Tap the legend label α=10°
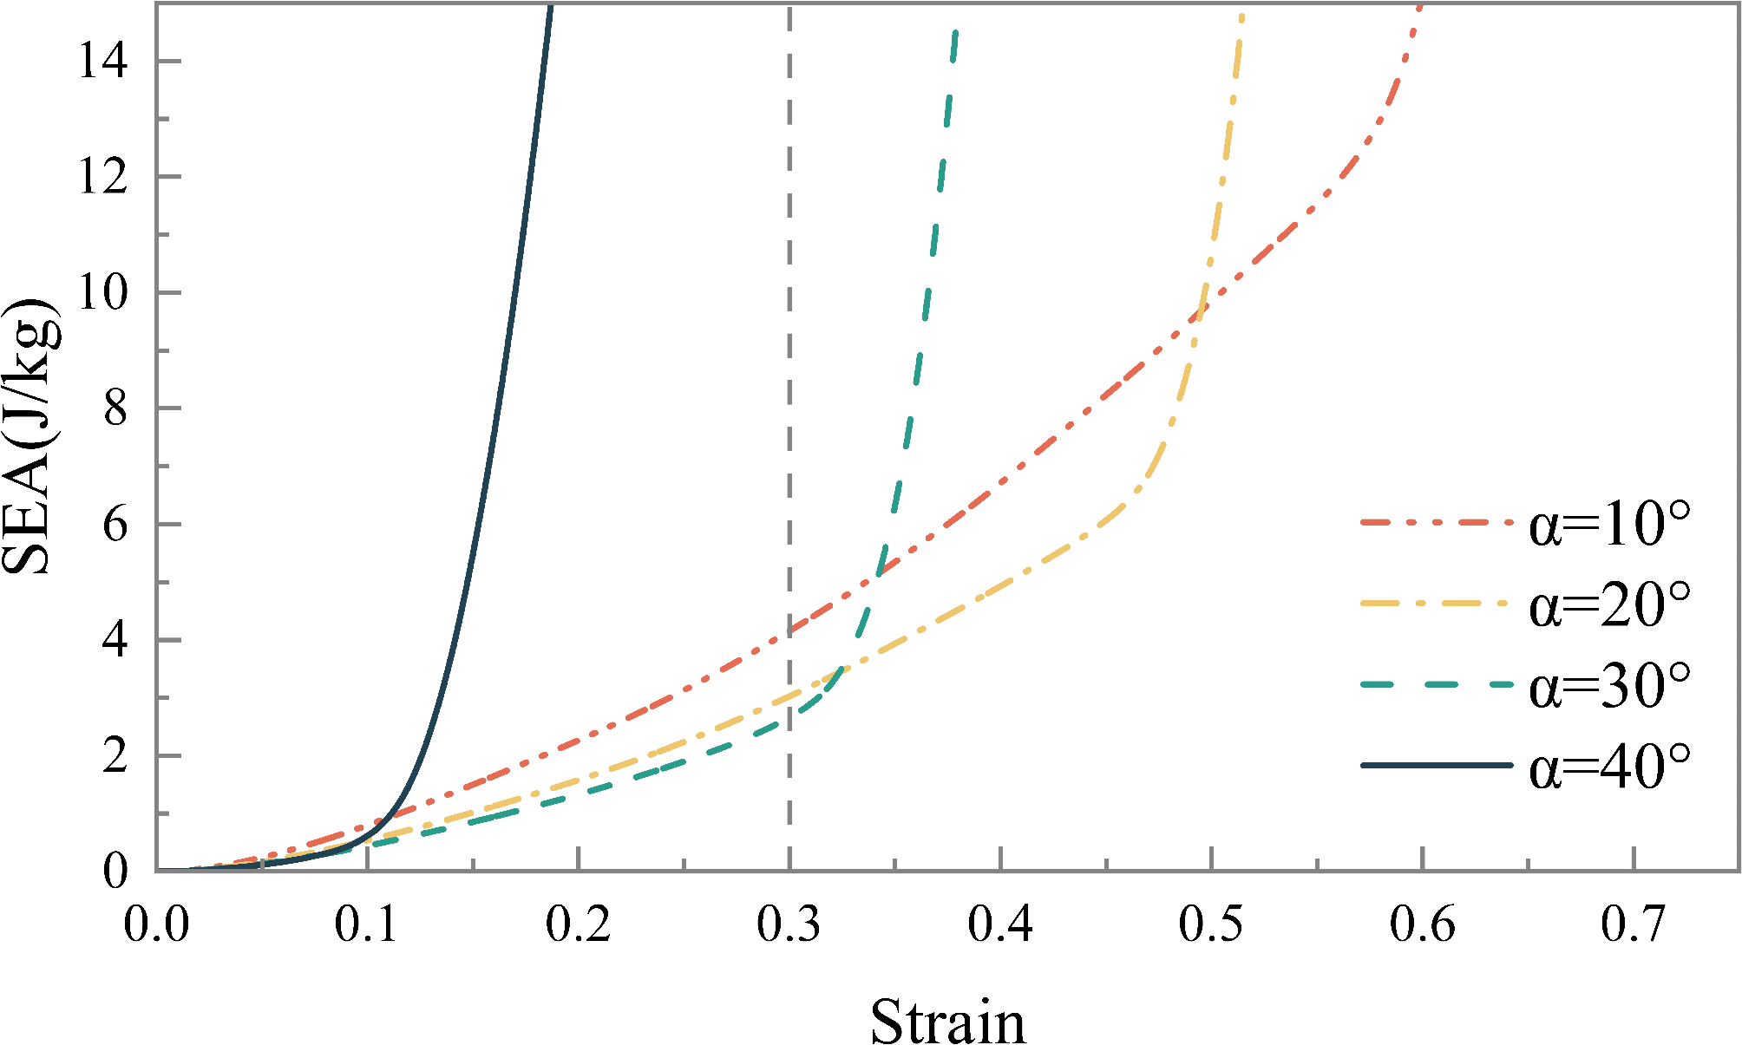click(1609, 524)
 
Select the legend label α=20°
click(1609, 604)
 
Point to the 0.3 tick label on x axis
click(789, 924)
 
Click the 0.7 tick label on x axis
click(1633, 924)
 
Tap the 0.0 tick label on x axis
click(156, 924)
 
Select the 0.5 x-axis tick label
click(1210, 924)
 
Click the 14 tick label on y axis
click(102, 61)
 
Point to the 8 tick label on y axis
click(115, 408)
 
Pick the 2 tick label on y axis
click(115, 756)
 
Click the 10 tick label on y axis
click(102, 292)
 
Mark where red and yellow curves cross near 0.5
click(1199, 312)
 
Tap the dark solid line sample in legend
click(1436, 765)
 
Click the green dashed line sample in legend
click(1436, 684)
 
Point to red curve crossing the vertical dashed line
click(789, 631)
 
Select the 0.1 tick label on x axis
click(367, 924)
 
